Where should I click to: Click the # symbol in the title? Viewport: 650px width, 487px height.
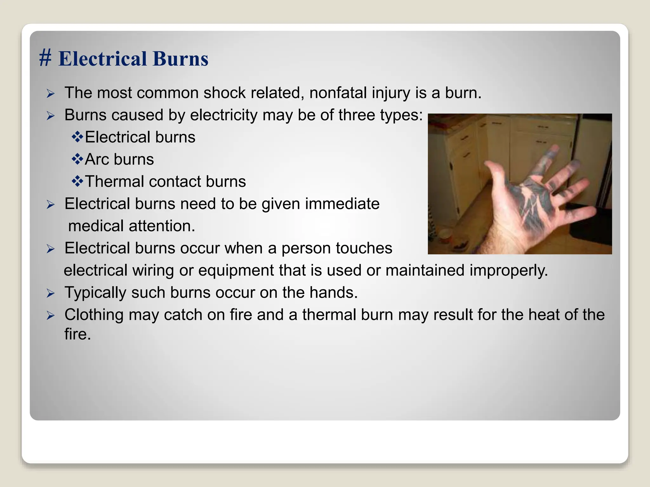[x=45, y=59]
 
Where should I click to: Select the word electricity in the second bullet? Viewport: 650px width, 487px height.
[x=223, y=115]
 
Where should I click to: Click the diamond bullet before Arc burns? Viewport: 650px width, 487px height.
[x=77, y=159]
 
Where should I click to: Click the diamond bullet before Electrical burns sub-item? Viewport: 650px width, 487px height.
[x=77, y=137]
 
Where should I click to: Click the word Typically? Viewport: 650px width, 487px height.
[x=95, y=293]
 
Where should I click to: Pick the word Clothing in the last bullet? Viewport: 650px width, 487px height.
[x=94, y=315]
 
